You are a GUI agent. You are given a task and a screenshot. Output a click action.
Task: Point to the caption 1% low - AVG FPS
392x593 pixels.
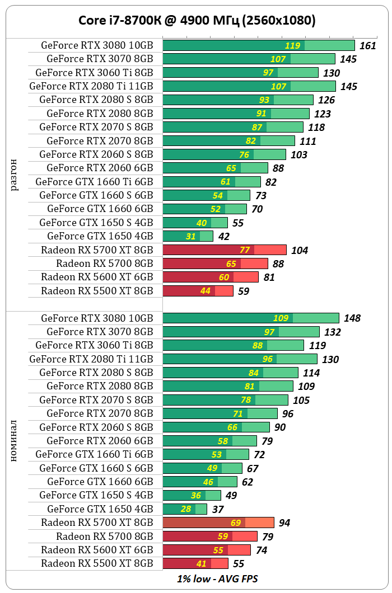point(217,578)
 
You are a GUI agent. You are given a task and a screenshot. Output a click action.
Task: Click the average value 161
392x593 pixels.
point(367,46)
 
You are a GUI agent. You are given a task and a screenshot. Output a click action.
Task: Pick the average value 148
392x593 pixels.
point(352,318)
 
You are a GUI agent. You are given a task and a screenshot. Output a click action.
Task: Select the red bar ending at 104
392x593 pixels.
point(225,250)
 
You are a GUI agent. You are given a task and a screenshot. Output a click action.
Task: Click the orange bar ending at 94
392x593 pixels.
point(218,523)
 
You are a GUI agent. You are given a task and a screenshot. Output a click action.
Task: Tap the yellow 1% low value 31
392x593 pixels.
point(191,237)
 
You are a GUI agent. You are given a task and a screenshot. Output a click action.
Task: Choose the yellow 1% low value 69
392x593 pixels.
point(236,523)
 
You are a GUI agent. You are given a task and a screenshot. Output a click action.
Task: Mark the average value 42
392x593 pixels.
point(224,237)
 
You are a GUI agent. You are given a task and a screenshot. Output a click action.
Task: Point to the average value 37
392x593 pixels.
point(218,509)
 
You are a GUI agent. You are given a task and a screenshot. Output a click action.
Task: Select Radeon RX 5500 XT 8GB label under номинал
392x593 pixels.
point(97,563)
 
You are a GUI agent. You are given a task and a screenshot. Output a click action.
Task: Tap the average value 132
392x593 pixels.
point(333,332)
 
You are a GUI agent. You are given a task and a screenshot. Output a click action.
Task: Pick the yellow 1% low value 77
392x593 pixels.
point(245,250)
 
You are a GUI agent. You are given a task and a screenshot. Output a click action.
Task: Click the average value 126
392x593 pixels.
point(326,100)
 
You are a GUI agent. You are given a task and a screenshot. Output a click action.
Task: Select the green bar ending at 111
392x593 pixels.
point(228,141)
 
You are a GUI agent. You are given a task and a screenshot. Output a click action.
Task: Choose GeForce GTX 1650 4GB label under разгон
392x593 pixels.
point(100,236)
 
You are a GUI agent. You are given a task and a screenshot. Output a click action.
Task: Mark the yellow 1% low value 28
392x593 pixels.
point(186,509)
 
